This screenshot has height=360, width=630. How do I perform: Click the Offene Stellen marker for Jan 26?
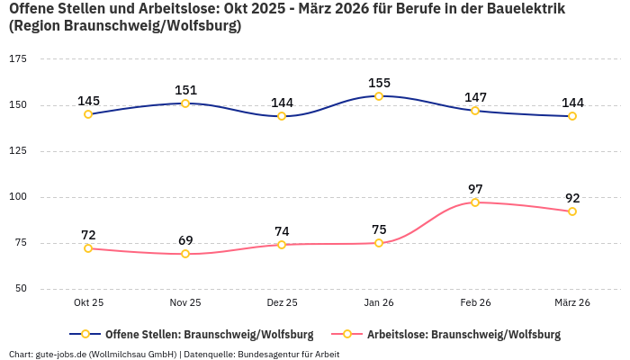[379, 96]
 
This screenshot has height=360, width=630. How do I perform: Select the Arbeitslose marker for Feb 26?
[475, 202]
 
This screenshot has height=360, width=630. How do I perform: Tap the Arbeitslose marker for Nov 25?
[185, 254]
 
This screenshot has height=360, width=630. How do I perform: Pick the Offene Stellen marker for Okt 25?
[88, 114]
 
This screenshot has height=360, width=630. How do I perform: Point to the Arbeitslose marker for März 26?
[572, 211]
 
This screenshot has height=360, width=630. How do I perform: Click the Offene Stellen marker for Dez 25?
[282, 116]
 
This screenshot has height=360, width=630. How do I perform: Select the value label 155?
[379, 83]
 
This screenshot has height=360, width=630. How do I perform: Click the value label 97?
[475, 189]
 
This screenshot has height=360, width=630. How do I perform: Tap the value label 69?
[185, 240]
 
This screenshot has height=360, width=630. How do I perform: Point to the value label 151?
[185, 90]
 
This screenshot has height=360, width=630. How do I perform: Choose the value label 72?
[88, 235]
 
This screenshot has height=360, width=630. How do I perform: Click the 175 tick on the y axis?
[17, 59]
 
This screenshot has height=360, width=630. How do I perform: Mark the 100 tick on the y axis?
[17, 197]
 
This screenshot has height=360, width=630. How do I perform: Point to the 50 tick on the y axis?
[21, 289]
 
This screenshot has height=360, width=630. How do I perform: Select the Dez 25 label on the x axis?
[282, 303]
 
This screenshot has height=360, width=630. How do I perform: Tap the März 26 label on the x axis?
[572, 303]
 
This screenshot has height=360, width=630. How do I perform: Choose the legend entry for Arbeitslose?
[463, 335]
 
